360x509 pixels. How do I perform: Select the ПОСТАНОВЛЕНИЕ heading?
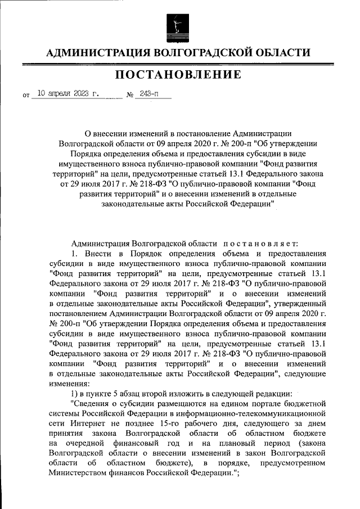point(179,75)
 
